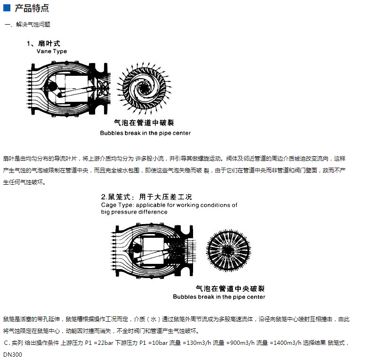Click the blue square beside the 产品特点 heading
pos(7,8)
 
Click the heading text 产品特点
pos(32,8)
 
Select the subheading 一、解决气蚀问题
pos(27,24)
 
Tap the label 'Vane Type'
pos(52,51)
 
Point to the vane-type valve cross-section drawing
pos(68,89)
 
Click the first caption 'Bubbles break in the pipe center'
pos(145,133)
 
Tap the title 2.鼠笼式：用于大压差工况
pos(146,197)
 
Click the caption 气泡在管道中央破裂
pos(230,288)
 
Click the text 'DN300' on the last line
pos(12,354)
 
